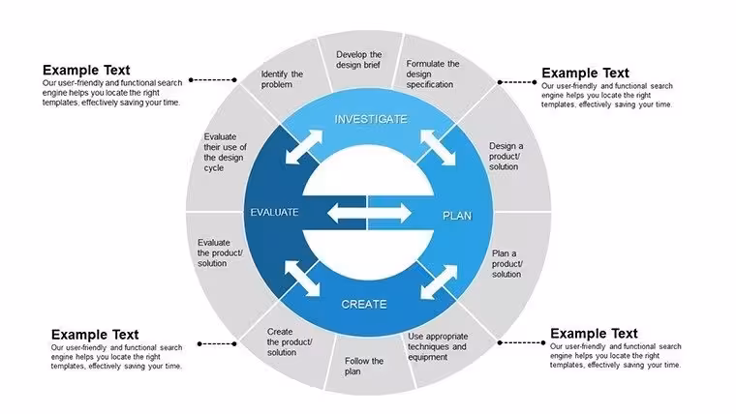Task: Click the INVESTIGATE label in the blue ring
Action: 371,119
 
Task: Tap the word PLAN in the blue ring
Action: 457,216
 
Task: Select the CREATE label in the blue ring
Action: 364,305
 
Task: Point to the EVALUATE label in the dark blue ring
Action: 274,213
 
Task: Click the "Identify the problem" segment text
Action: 282,79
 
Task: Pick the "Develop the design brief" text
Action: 359,60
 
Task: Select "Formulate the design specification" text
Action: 433,74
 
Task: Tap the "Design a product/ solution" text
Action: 506,156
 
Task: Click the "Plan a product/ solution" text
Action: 507,263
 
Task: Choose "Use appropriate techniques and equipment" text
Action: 438,346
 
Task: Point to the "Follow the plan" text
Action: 364,367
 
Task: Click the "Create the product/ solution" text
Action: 290,341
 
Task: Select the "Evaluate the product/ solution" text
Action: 220,252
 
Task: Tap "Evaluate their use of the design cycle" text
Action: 226,152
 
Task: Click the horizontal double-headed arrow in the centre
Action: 369,214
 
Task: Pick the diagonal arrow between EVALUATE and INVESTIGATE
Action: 304,147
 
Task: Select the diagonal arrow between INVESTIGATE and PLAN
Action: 438,147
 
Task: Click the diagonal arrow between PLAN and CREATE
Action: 439,281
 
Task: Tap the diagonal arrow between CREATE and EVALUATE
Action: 302,279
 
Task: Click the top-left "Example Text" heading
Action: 86,70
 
